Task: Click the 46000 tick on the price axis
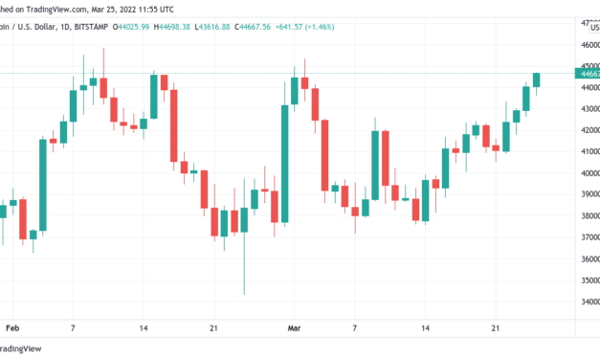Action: (586, 44)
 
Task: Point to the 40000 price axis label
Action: (586, 173)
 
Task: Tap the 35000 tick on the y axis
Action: (586, 280)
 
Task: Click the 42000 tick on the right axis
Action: (586, 130)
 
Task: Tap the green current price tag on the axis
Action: (586, 73)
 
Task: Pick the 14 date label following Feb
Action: (144, 326)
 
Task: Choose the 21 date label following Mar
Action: (496, 326)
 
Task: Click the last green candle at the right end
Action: (537, 80)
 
